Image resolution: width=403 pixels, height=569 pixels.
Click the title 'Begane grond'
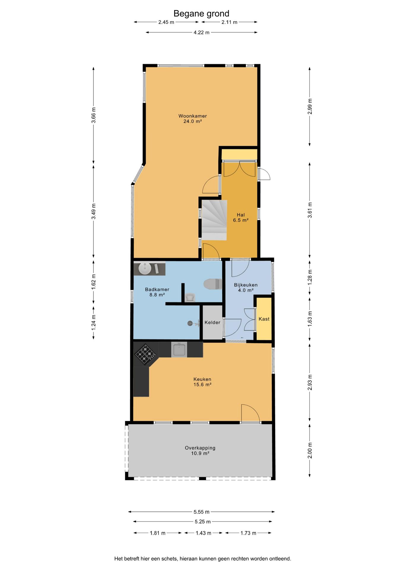[201, 14]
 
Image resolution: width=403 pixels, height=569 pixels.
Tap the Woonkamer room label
[193, 116]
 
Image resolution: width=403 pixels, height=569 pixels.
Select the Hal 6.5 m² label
[241, 218]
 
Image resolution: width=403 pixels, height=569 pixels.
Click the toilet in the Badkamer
[213, 284]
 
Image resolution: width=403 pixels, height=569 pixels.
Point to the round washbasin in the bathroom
[145, 268]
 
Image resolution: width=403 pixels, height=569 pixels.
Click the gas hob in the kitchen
[145, 354]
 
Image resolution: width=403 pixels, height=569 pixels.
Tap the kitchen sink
[179, 349]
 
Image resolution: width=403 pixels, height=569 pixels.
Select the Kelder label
[212, 322]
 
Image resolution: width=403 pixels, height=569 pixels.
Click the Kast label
[264, 319]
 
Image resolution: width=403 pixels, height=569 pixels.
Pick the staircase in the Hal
[214, 220]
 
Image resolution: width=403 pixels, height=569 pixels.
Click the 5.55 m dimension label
[201, 512]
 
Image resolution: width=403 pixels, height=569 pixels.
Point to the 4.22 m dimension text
[201, 32]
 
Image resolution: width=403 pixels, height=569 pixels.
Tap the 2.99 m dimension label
[310, 106]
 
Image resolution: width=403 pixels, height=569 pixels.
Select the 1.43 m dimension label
[203, 533]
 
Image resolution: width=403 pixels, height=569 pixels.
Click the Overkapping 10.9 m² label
[200, 450]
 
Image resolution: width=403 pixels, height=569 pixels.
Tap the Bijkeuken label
[246, 285]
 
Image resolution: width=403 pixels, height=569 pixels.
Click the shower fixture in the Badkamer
[193, 324]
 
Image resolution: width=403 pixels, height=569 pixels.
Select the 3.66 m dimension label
[93, 115]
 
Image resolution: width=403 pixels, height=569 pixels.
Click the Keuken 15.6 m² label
[202, 382]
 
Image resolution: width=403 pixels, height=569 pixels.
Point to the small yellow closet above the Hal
[239, 154]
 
